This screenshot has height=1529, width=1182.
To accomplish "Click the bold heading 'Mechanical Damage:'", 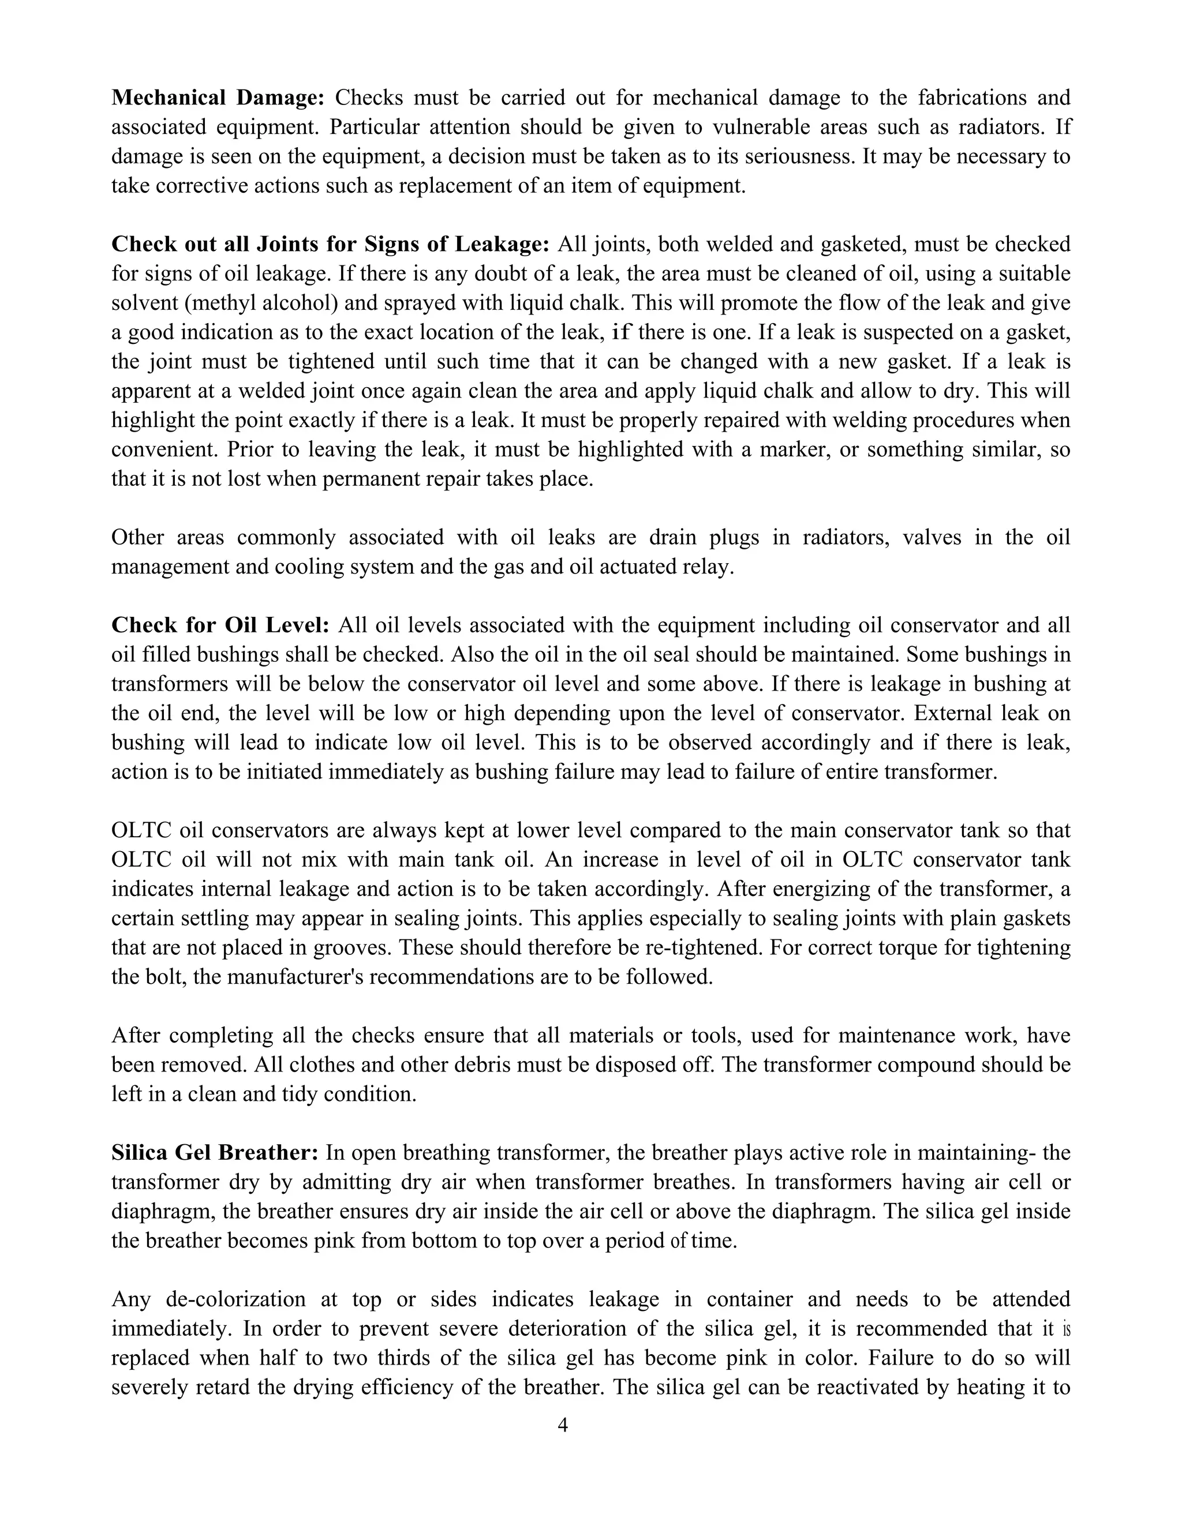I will tap(218, 98).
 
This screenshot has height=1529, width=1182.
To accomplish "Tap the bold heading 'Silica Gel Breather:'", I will tap(215, 1152).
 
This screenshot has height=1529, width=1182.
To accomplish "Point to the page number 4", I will tap(562, 1425).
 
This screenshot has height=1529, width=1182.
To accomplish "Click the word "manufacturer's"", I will tap(293, 977).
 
